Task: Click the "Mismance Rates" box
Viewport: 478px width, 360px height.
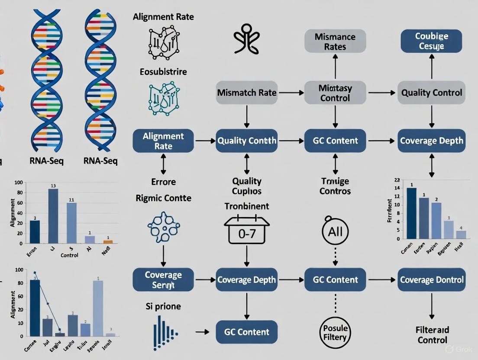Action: pos(335,41)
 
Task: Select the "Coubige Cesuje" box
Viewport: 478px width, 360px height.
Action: pos(431,41)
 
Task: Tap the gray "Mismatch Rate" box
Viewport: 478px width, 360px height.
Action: pos(247,93)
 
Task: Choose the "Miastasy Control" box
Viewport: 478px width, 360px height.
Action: pos(335,93)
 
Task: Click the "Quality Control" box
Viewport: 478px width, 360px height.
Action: pos(431,93)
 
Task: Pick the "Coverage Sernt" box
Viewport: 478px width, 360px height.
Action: pos(163,280)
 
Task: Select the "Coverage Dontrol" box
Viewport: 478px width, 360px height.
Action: pos(431,280)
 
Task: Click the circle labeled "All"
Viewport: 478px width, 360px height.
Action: pos(335,231)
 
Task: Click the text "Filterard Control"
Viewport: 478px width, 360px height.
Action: pos(432,335)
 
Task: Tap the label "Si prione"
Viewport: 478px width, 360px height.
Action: pos(163,306)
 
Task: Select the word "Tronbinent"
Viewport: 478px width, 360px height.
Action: pos(247,206)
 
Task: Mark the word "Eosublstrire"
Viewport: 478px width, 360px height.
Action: pos(163,71)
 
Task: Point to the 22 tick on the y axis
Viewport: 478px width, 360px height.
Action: pos(397,180)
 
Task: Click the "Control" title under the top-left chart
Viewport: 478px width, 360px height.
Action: pos(69,255)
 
